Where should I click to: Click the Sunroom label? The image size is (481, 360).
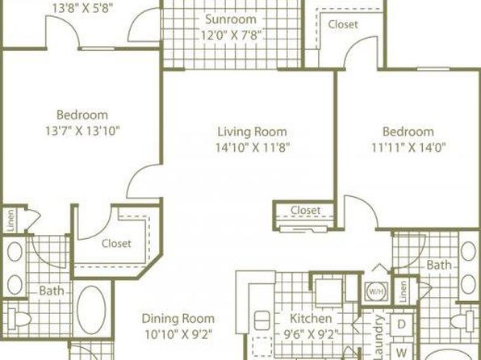(231, 19)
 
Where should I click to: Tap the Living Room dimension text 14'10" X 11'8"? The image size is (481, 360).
(253, 148)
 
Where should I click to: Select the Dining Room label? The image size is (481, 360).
(178, 318)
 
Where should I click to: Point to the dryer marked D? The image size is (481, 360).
(401, 324)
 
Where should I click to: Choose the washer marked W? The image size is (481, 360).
(401, 352)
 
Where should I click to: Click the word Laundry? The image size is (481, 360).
(379, 337)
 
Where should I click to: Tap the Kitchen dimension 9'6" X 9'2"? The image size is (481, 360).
(311, 333)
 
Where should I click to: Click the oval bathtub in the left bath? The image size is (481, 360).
(91, 310)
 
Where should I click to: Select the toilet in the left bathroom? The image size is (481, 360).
(19, 319)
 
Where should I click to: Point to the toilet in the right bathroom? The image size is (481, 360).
(462, 321)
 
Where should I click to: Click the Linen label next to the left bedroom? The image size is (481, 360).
(10, 220)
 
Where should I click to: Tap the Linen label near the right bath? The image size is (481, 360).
(403, 291)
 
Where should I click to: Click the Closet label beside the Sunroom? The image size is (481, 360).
(343, 24)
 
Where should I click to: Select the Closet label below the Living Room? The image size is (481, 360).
(305, 210)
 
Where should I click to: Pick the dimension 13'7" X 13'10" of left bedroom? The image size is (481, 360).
(82, 131)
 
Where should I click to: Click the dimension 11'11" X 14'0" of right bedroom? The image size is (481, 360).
(408, 148)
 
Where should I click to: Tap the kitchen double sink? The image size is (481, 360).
(262, 320)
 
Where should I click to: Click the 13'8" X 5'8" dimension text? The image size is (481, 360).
(82, 8)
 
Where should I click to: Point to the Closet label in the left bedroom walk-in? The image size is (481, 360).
(116, 244)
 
